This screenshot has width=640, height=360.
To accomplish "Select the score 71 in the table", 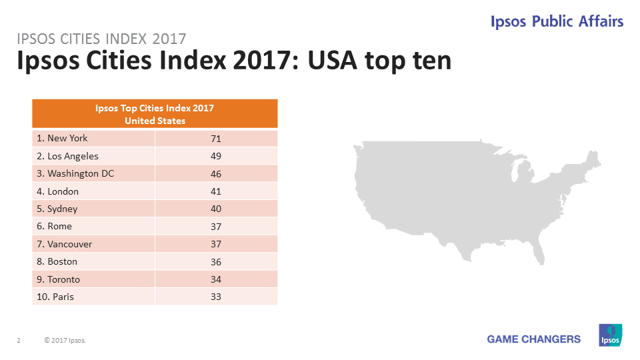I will (215, 139).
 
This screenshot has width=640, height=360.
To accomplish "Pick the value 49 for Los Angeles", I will (215, 156).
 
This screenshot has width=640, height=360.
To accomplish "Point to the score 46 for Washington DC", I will (215, 173).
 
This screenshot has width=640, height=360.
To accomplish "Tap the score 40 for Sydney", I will (215, 209).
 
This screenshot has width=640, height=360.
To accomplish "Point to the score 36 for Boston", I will (215, 261).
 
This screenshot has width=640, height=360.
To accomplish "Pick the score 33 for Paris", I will (215, 297).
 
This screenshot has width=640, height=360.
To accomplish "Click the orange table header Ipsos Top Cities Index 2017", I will (155, 113).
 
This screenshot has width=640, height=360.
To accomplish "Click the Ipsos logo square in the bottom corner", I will (610, 335).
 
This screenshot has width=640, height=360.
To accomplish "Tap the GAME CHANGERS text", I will (533, 339).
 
